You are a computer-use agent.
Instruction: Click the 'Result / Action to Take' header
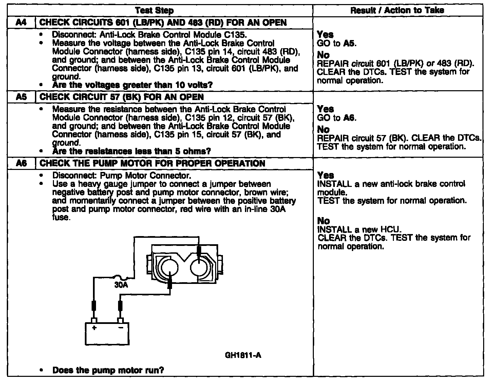pyautogui.click(x=397, y=11)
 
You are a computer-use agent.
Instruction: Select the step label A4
pyautogui.click(x=21, y=23)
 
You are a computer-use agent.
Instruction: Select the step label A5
pyautogui.click(x=21, y=97)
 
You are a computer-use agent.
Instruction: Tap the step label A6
pyautogui.click(x=21, y=163)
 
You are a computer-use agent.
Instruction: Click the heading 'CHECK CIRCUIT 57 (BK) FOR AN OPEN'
pyautogui.click(x=122, y=97)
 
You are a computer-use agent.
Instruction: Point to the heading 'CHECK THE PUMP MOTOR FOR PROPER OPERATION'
pyautogui.click(x=152, y=163)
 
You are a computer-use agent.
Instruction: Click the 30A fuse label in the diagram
pyautogui.click(x=121, y=285)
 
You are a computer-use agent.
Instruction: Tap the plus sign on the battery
pyautogui.click(x=94, y=328)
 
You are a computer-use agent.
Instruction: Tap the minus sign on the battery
pyautogui.click(x=120, y=328)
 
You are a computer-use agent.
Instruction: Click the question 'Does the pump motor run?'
pyautogui.click(x=108, y=370)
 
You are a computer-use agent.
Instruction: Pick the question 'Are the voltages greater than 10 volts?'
pyautogui.click(x=132, y=85)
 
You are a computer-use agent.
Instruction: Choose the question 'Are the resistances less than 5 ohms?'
pyautogui.click(x=131, y=151)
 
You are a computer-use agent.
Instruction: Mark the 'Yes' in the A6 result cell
pyautogui.click(x=325, y=175)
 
